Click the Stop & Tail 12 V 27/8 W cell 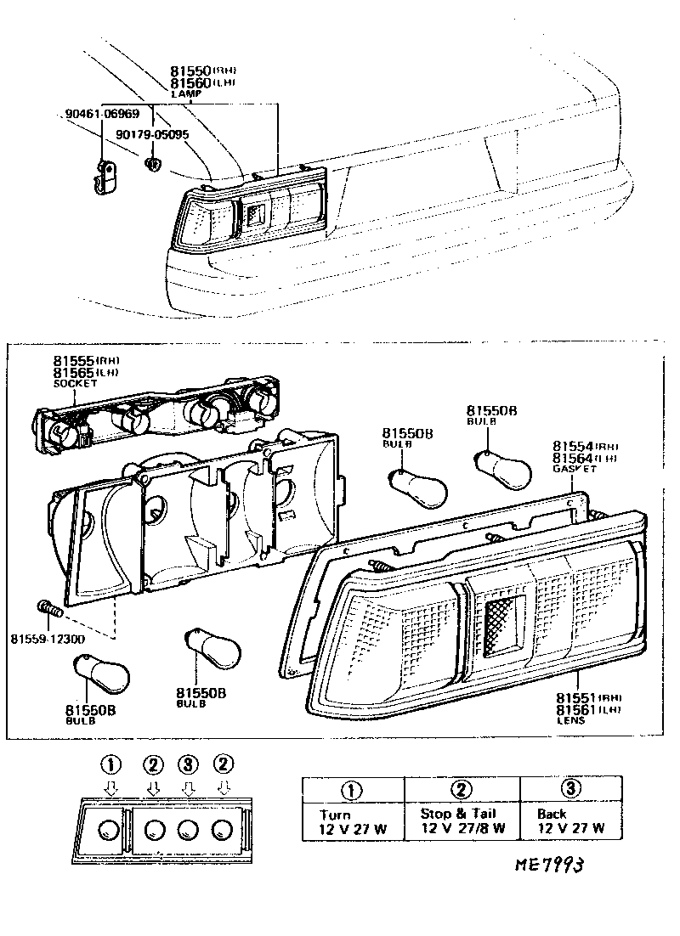pos(462,820)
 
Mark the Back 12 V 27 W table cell pos(570,820)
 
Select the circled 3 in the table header pos(571,789)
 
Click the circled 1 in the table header pos(352,789)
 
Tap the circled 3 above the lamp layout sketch pos(188,764)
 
